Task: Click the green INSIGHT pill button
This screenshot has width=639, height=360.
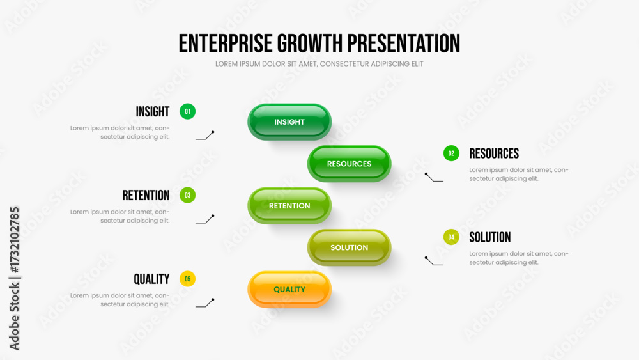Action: [289, 122]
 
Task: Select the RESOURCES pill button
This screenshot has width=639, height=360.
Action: [350, 164]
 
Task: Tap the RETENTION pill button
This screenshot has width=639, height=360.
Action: [289, 205]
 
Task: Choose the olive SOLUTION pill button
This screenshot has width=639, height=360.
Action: [350, 247]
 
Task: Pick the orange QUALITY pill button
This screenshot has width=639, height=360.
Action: [289, 290]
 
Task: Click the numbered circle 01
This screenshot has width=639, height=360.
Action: [187, 111]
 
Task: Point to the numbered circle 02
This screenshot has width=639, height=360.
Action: [451, 153]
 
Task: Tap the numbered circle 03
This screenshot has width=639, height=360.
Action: [187, 195]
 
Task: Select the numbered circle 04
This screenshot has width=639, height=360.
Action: [451, 237]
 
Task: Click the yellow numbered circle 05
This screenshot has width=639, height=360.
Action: [187, 279]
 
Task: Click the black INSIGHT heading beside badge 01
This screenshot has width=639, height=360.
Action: [153, 112]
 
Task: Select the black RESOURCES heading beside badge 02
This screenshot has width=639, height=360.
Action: [494, 153]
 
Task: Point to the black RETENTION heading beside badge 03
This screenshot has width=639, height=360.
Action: [146, 196]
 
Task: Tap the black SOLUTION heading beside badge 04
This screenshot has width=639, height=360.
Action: [490, 237]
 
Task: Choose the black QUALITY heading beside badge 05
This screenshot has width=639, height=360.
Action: [151, 279]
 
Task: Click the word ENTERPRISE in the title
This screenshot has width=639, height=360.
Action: [226, 43]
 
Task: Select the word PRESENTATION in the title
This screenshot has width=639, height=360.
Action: [403, 43]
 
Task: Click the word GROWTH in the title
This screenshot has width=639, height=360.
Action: [310, 43]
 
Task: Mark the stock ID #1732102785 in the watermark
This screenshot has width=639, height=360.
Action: [14, 240]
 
